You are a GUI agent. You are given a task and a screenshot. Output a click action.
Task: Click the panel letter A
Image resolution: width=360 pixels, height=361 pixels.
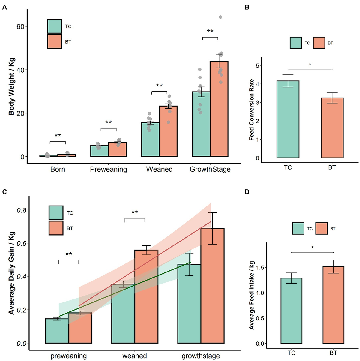pyautogui.click(x=4, y=8)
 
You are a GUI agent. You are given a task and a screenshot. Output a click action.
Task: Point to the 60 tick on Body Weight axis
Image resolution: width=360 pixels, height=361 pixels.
pyautogui.click(x=20, y=26)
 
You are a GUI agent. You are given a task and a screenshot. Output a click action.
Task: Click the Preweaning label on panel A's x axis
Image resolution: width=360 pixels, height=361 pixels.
pyautogui.click(x=108, y=170)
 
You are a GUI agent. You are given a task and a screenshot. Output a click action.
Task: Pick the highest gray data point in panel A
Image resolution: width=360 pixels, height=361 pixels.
pyautogui.click(x=220, y=17)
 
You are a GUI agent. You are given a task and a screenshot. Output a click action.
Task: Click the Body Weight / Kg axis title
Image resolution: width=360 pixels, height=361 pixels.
pyautogui.click(x=12, y=87)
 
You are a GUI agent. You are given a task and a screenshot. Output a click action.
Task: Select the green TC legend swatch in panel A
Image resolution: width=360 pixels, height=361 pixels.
pyautogui.click(x=54, y=26)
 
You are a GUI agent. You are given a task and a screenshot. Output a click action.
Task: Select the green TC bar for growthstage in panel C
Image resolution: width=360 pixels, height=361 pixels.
pyautogui.click(x=189, y=303)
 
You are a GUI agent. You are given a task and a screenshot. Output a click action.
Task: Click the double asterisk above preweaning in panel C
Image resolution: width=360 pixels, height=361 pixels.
pyautogui.click(x=69, y=254)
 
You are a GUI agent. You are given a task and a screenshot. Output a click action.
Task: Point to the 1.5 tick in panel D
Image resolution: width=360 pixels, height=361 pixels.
pyautogui.click(x=260, y=267)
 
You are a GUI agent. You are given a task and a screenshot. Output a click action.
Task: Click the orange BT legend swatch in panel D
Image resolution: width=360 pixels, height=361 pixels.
pyautogui.click(x=321, y=228)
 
